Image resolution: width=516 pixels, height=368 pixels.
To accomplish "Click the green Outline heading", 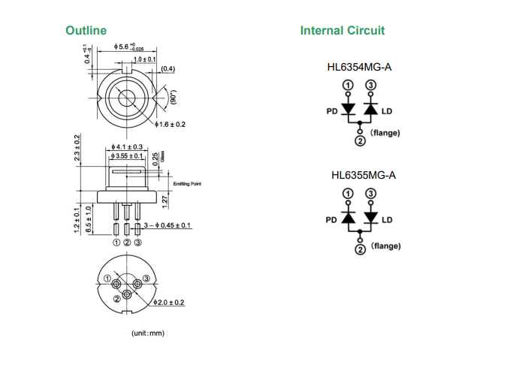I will tap(86, 31).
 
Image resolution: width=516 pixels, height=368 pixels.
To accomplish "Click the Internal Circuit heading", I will tap(342, 31).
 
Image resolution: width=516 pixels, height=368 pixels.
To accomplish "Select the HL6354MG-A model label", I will tap(360, 68).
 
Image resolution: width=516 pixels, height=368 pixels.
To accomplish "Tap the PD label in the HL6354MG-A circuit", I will tap(331, 112).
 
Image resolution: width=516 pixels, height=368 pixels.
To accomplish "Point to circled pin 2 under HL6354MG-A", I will tap(359, 140).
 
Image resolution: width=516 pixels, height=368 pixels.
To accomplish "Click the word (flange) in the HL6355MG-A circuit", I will tap(385, 246).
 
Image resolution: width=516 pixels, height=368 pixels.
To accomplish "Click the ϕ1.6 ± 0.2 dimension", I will tap(170, 124).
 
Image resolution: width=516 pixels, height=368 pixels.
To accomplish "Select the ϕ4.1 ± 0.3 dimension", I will tap(126, 146).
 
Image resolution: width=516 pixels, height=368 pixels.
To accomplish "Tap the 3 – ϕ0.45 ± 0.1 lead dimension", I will tap(167, 225).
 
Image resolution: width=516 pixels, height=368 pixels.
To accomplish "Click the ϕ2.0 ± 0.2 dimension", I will tap(168, 303).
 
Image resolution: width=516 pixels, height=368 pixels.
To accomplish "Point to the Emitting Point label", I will tap(188, 183).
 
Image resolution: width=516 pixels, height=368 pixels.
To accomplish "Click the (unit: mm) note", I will tap(147, 333).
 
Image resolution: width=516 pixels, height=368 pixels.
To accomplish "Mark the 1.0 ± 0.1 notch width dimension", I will tap(144, 59).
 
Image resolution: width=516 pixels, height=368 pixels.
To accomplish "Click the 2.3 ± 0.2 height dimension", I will tap(77, 149).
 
